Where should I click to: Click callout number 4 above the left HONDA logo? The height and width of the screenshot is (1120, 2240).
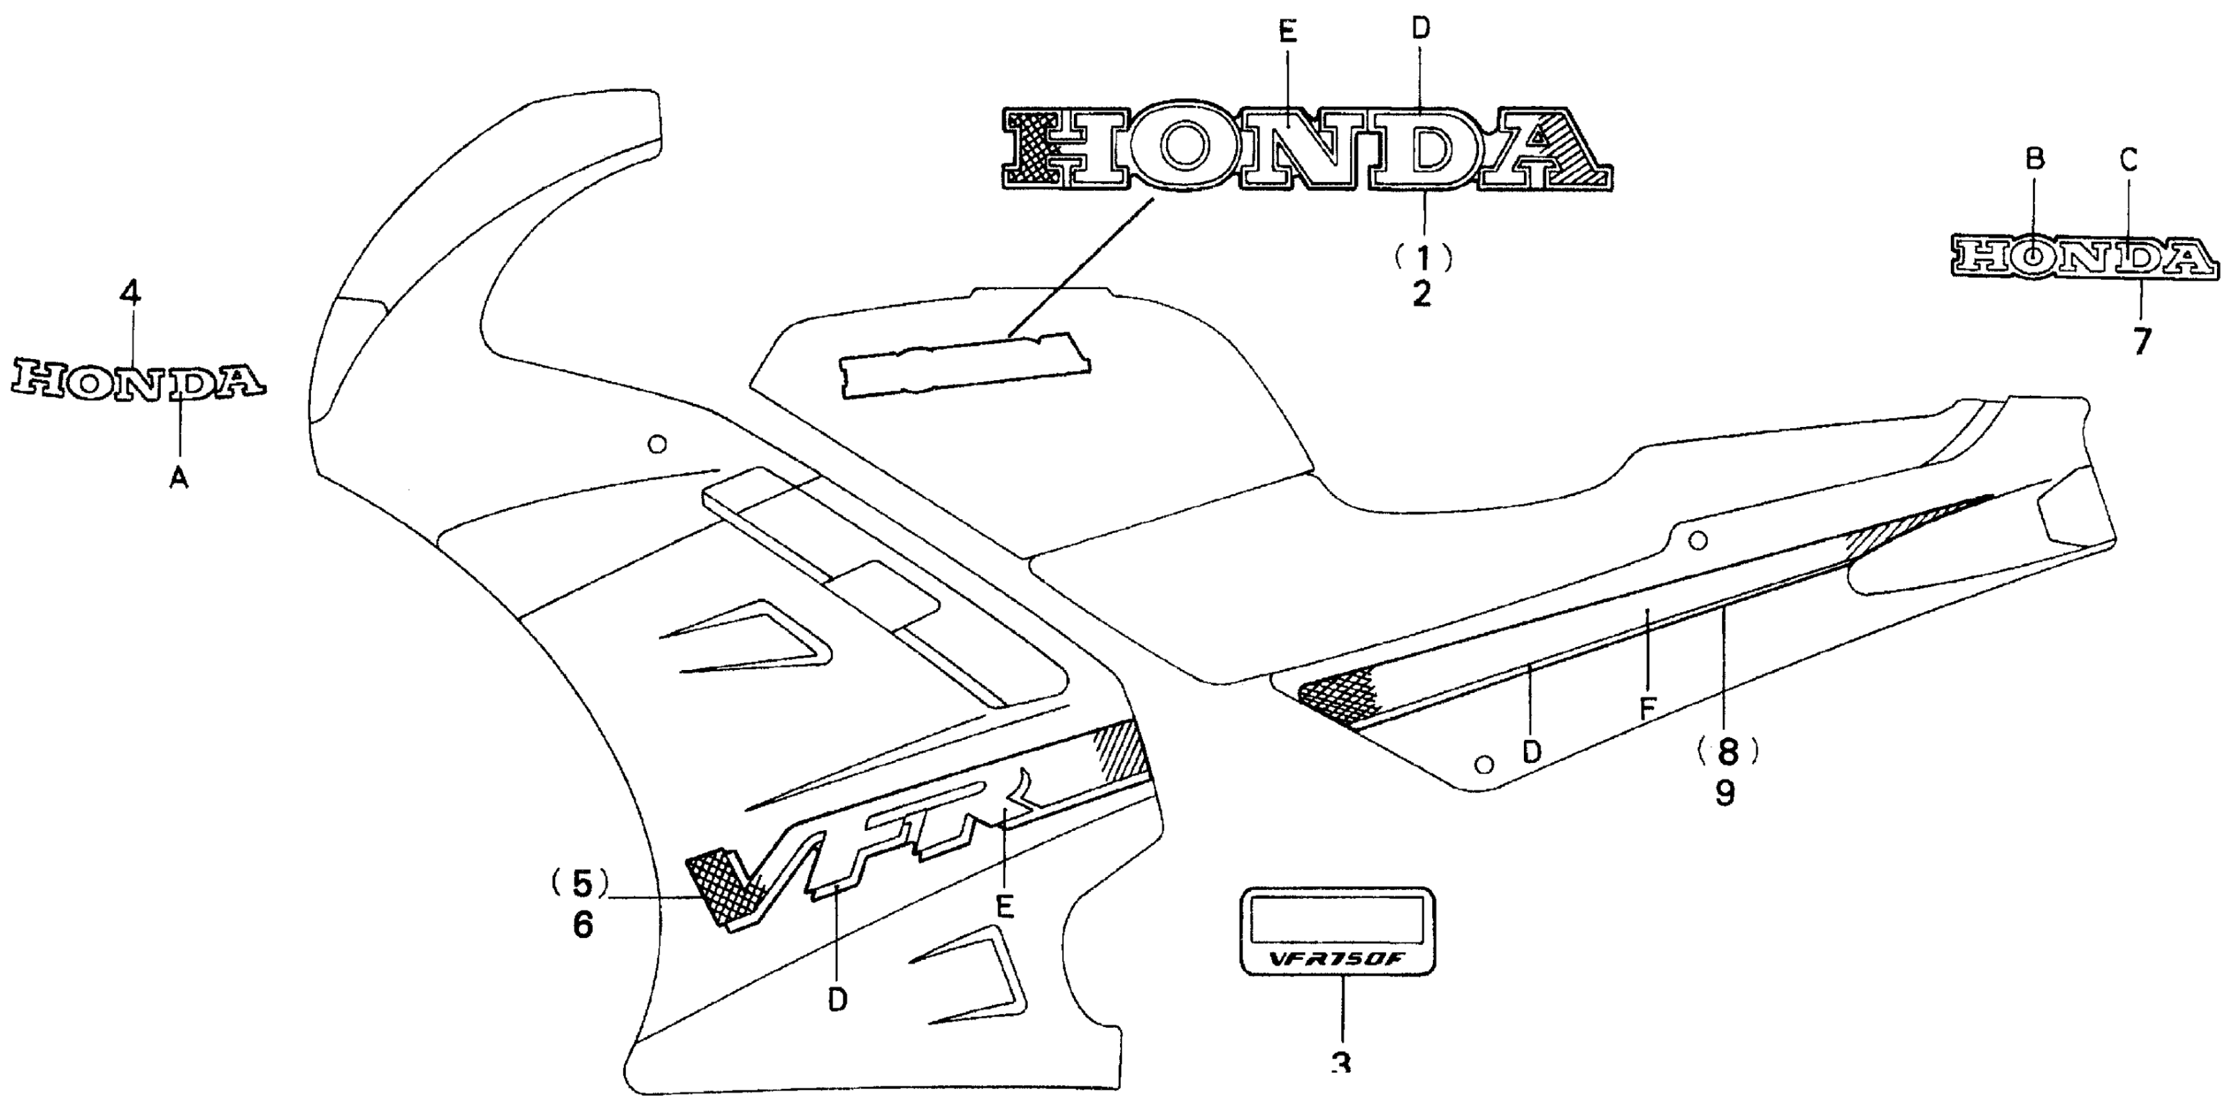[x=130, y=293]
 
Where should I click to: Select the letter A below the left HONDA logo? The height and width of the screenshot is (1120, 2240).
[x=179, y=476]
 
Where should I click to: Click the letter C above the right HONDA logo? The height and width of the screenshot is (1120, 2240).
[x=2128, y=159]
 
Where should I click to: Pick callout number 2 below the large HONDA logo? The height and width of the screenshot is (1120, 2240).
[x=1421, y=294]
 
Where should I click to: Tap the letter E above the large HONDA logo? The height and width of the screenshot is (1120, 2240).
[x=1288, y=32]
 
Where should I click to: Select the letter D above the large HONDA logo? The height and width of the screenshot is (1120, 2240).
[x=1420, y=29]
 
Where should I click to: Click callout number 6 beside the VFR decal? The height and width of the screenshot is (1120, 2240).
[x=582, y=924]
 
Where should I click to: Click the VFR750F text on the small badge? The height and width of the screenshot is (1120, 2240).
[x=1337, y=960]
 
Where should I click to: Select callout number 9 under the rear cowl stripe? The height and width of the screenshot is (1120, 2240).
[x=1725, y=791]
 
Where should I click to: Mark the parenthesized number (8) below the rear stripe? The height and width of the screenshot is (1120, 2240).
[x=1727, y=750]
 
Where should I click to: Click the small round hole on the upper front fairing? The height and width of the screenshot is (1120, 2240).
[x=658, y=444]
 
